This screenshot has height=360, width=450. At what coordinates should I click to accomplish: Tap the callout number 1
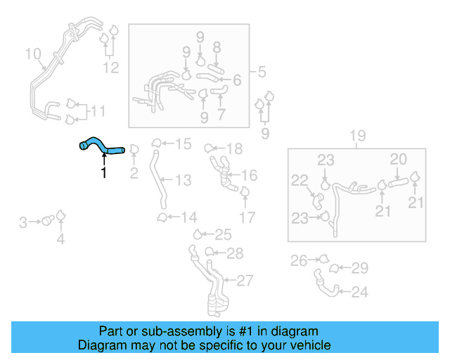tap(104, 173)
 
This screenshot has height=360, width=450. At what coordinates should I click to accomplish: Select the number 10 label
tap(33, 54)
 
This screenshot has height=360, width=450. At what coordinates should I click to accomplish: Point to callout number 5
tap(261, 72)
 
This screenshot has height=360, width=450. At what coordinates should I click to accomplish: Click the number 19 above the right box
tap(357, 136)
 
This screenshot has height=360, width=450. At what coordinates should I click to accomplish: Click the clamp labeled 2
tap(134, 150)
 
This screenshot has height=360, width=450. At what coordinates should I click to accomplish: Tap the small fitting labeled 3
tap(49, 221)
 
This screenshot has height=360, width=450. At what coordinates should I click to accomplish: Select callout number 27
tap(243, 281)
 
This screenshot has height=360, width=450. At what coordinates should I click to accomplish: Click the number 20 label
tap(398, 160)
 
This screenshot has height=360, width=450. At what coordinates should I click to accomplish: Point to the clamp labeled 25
tap(200, 234)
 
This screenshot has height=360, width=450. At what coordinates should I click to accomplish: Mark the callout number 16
tap(249, 175)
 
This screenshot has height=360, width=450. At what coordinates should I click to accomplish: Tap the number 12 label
tap(111, 67)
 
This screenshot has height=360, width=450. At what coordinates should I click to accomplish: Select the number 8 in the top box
tap(217, 48)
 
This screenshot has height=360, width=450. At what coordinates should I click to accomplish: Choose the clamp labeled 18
tap(210, 148)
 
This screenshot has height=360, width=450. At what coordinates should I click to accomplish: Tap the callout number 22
tap(300, 181)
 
